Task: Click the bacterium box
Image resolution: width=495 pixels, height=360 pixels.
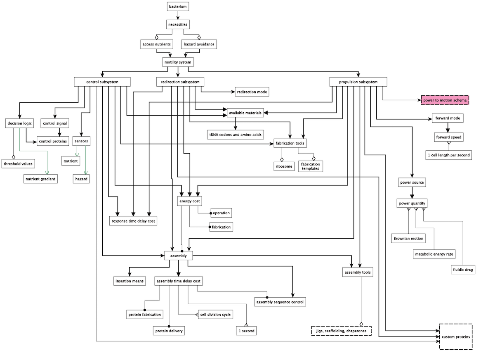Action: point(178,7)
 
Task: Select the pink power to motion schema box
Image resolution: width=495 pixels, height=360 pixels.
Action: point(445,100)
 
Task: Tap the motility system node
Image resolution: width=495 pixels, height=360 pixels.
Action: point(178,62)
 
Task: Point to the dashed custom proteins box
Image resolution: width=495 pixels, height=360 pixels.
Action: point(456,337)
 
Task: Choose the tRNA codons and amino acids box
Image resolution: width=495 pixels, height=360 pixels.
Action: point(236,135)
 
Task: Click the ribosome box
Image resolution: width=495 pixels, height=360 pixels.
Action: point(284,166)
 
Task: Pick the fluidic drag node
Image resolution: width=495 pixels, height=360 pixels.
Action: point(463,270)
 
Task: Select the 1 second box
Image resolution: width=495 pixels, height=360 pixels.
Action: point(246,331)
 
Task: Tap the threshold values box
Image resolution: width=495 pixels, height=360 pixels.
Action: point(18,163)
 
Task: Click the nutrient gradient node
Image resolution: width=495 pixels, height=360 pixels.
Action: point(40,179)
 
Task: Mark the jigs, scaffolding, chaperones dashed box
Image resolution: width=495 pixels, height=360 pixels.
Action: point(342,331)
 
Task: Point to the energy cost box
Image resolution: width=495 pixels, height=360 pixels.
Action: point(190,201)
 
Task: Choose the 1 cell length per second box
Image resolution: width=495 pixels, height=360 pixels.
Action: point(449,155)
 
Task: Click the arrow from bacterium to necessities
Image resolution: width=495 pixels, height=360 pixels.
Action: point(178,15)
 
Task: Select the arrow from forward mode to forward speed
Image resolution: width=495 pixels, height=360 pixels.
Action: point(448,128)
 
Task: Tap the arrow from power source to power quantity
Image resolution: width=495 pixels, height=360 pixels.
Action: point(412,193)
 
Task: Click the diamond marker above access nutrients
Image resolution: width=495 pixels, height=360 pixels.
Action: point(157,38)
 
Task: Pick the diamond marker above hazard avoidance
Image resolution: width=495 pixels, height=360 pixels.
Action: point(199,38)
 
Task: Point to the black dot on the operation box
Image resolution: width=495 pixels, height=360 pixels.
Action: point(211,213)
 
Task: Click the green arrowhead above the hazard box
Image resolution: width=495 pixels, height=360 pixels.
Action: point(86,173)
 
